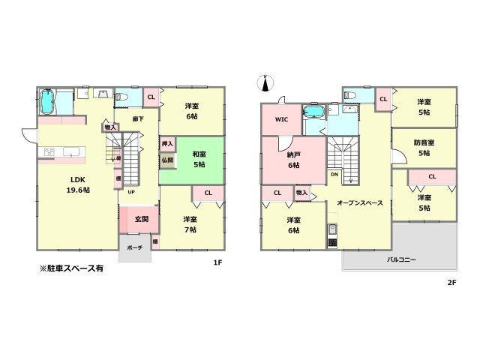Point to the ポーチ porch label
click(135, 247)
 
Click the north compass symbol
click(264, 81)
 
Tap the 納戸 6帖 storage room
click(293, 160)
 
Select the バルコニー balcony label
click(402, 259)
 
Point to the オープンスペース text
click(360, 203)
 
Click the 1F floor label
click(217, 262)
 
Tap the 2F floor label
click(452, 282)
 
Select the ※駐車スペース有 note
click(72, 268)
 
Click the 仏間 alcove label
click(166, 160)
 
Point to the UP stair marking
click(131, 191)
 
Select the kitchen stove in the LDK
click(49, 153)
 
